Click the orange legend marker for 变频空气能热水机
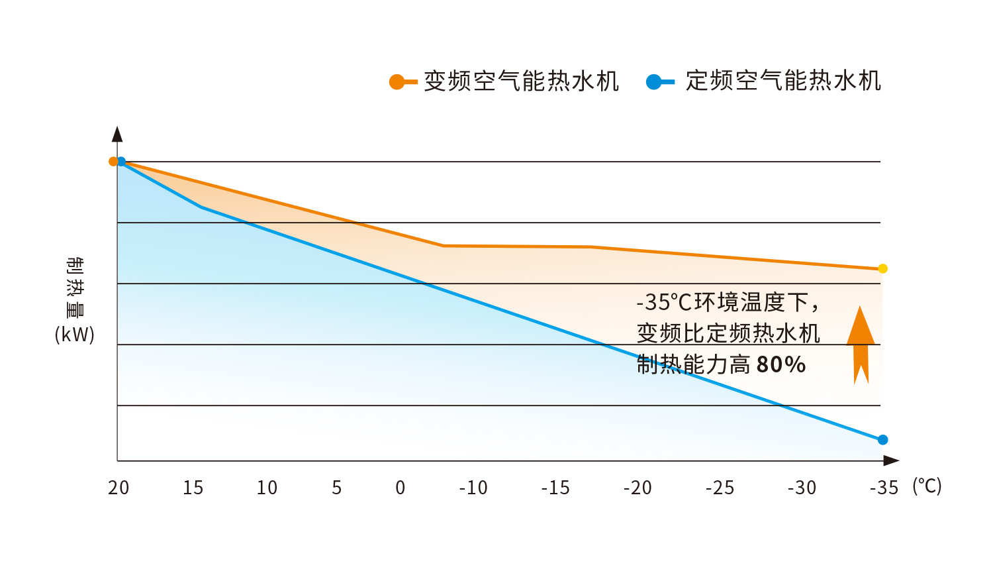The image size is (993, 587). (x=397, y=82)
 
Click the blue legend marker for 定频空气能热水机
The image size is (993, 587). (x=654, y=82)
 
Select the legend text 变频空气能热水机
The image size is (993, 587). (x=521, y=81)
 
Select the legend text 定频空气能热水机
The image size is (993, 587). (x=782, y=81)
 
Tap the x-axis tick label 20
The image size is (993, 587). (x=118, y=488)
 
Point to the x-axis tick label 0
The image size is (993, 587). (x=400, y=488)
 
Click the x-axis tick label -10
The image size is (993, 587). (x=473, y=488)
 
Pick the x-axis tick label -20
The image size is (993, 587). (x=638, y=488)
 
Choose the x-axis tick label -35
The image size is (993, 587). (x=884, y=488)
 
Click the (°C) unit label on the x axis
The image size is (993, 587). (x=927, y=486)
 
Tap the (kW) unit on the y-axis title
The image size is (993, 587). (x=75, y=334)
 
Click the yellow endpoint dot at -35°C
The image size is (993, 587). (x=882, y=268)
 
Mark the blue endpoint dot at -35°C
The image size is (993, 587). (x=882, y=440)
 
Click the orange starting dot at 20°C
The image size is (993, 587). (x=113, y=161)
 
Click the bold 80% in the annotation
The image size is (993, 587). (x=781, y=364)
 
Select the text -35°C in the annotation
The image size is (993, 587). (x=664, y=303)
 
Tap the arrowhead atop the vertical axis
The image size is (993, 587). (x=117, y=134)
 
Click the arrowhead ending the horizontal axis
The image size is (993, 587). (x=891, y=460)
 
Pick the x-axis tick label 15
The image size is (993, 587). (x=193, y=488)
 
